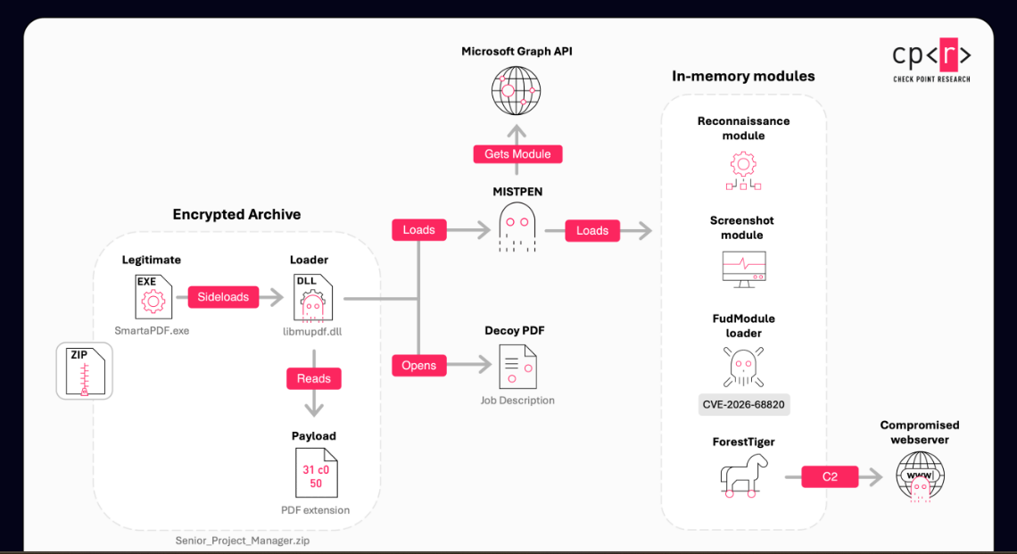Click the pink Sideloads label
click(223, 297)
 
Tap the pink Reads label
click(314, 379)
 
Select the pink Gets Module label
click(517, 154)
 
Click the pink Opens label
click(419, 365)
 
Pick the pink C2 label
click(830, 476)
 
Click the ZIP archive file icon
click(85, 371)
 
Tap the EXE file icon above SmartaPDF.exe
click(153, 297)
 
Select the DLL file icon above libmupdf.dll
click(312, 298)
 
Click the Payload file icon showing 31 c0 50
click(316, 473)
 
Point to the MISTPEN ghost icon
click(517, 227)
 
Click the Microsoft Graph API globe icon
click(517, 90)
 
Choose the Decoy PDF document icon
click(517, 366)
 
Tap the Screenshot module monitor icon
click(744, 269)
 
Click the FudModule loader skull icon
click(743, 368)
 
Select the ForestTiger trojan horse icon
click(743, 475)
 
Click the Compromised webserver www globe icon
click(920, 476)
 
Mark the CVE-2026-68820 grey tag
click(744, 404)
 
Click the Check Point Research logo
click(931, 61)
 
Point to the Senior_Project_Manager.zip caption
click(243, 541)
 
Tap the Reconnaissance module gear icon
click(743, 170)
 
